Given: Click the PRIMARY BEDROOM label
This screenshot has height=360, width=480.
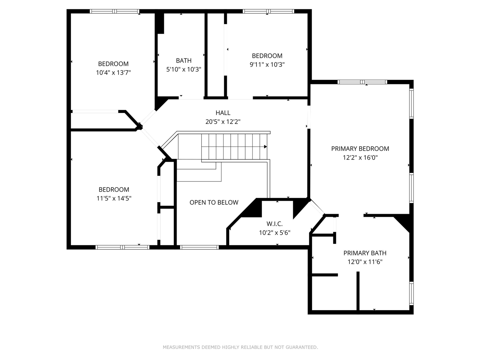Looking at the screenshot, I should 360,148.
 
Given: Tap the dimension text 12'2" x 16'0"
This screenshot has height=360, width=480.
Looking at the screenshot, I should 360,157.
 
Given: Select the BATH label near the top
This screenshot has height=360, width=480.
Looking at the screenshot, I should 184,60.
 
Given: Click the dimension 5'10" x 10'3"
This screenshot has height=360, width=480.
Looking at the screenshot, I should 184,69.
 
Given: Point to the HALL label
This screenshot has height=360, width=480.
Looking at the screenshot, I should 223,112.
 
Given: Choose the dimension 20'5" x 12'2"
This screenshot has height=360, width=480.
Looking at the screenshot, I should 223,121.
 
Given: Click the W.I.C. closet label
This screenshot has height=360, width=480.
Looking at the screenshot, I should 274,223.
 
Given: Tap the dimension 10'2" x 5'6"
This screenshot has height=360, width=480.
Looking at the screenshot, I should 274,232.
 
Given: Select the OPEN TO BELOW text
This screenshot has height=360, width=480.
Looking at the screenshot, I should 214,202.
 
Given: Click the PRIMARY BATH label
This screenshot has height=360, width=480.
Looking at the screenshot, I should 365,253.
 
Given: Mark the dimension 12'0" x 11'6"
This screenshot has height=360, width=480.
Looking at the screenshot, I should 365,262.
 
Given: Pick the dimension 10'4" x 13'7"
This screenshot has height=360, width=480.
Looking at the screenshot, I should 113,73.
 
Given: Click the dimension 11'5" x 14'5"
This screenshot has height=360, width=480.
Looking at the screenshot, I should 114,198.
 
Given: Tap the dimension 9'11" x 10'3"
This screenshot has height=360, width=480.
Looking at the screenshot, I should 267,64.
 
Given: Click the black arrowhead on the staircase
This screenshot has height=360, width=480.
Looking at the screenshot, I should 265,147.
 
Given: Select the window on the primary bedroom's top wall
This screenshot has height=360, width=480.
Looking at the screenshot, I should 362,82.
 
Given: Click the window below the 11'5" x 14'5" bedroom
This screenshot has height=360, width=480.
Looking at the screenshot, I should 123,247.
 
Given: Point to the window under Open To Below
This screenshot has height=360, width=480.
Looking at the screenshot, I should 199,247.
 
